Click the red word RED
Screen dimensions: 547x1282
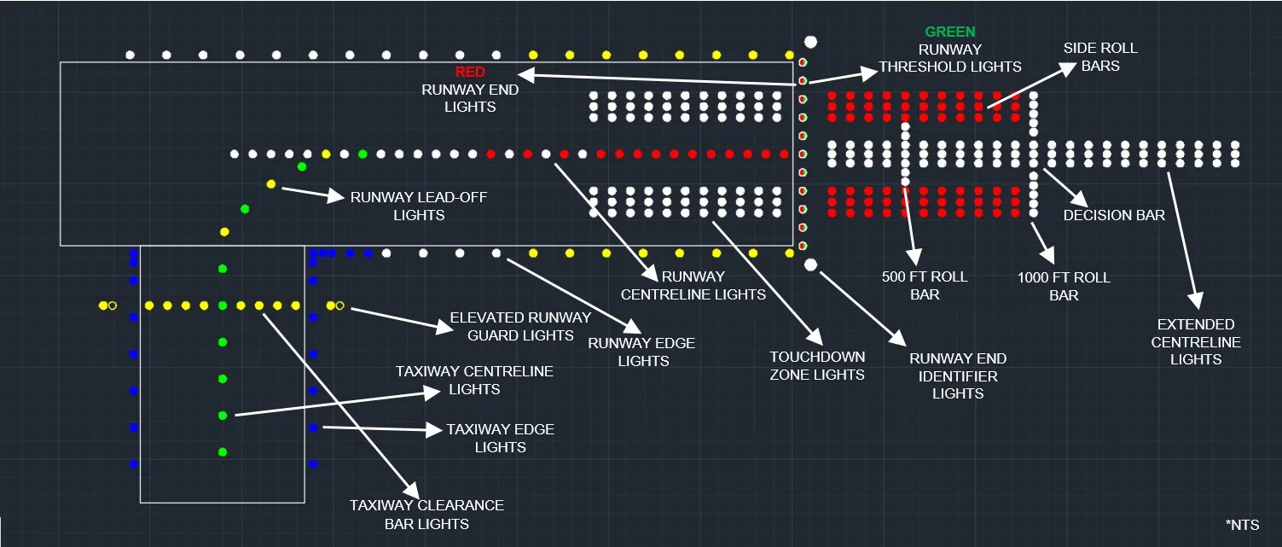pyautogui.click(x=470, y=72)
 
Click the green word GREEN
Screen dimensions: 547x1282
pyautogui.click(x=950, y=32)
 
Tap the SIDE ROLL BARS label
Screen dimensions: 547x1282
pyautogui.click(x=1100, y=56)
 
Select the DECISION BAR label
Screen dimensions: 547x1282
pyautogui.click(x=1113, y=215)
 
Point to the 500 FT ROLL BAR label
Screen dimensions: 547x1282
pyautogui.click(x=925, y=285)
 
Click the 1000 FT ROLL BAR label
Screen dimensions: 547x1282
pyautogui.click(x=1064, y=286)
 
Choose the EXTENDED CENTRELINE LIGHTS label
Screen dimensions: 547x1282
pyautogui.click(x=1196, y=341)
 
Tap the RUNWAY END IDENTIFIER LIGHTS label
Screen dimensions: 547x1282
pyautogui.click(x=957, y=375)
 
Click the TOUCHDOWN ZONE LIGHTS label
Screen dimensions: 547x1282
pyautogui.click(x=817, y=365)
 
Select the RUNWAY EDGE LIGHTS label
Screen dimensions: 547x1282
pyautogui.click(x=641, y=352)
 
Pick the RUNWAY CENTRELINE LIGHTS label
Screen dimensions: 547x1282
pyautogui.click(x=693, y=285)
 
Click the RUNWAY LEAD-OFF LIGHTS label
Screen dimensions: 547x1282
pyautogui.click(x=419, y=206)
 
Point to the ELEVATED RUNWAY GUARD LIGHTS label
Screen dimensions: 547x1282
pyautogui.click(x=520, y=326)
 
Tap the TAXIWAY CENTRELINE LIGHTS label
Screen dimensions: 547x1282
pyautogui.click(x=474, y=380)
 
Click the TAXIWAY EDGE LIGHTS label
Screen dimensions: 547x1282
pyautogui.click(x=500, y=438)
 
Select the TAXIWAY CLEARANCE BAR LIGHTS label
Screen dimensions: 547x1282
pyautogui.click(x=426, y=514)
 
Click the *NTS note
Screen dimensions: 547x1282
pyautogui.click(x=1241, y=525)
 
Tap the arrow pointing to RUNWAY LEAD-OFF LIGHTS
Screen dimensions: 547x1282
pyautogui.click(x=310, y=193)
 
